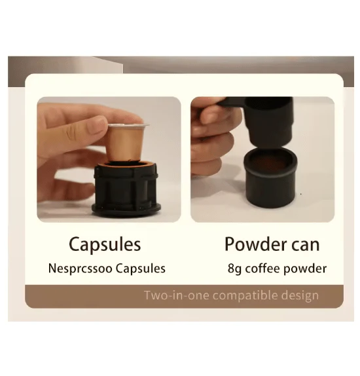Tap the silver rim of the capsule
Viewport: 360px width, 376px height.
128,126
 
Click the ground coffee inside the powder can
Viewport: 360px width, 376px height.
270,164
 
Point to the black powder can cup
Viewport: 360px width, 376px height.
270,178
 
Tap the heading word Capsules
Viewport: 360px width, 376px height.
105,244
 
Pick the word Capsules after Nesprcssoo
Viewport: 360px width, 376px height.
141,269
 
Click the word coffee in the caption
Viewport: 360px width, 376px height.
262,269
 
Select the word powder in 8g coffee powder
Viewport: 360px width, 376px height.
305,269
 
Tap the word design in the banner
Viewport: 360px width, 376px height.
300,295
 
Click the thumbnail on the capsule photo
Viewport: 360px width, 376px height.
96,125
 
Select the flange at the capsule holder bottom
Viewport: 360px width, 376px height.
126,208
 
